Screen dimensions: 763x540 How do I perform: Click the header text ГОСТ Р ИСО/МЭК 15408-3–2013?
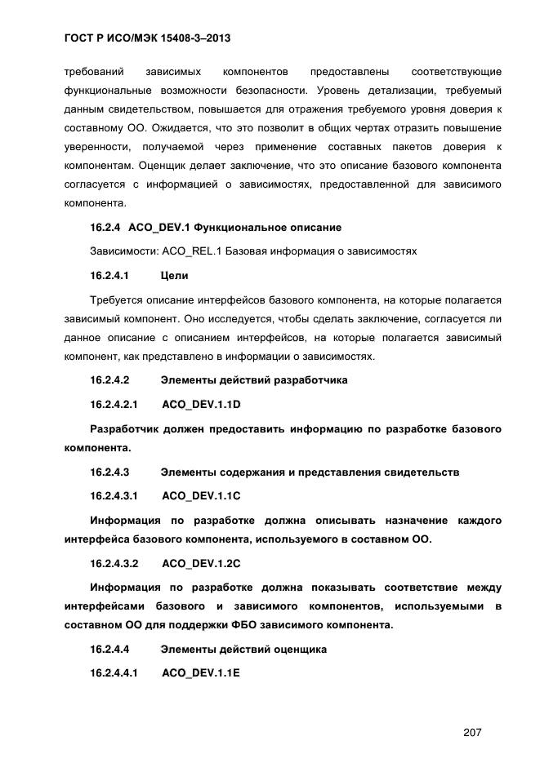[140, 38]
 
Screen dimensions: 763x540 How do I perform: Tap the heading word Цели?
[175, 277]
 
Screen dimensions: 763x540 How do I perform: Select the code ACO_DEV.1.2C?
[202, 564]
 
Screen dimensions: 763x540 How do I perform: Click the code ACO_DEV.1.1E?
[202, 674]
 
